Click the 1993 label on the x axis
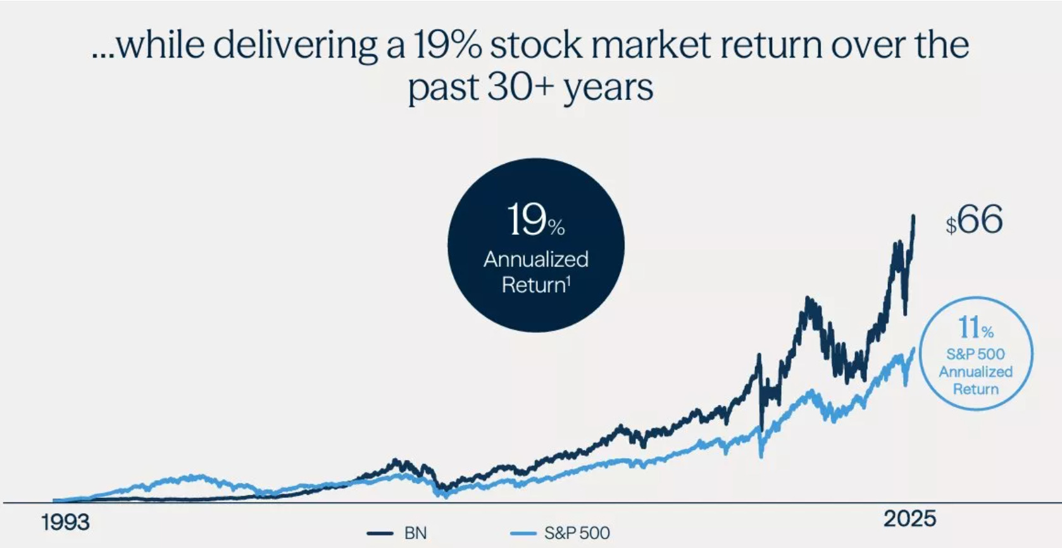tap(65, 523)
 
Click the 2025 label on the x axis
tap(909, 519)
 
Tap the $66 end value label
tap(974, 221)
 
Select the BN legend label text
tap(415, 533)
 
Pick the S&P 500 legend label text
tap(577, 533)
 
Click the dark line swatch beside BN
tap(380, 533)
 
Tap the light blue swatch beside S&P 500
tap(523, 533)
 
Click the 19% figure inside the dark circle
tap(535, 221)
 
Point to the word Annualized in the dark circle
tap(536, 259)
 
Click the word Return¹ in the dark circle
tap(536, 285)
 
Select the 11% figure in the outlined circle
tap(975, 328)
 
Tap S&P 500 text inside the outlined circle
tap(975, 354)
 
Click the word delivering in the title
tap(296, 46)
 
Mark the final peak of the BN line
tap(913, 217)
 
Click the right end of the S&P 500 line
tap(914, 349)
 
